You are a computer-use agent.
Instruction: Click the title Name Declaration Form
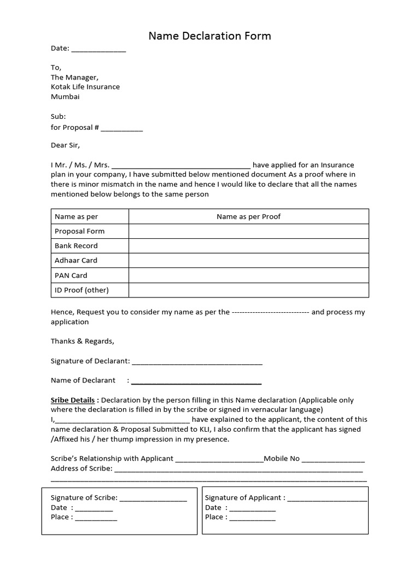pos(210,36)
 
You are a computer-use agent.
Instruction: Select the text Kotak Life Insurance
pos(85,87)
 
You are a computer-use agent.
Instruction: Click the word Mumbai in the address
pos(65,96)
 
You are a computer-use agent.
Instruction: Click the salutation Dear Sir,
pos(65,145)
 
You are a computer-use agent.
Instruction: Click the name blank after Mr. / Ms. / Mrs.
pos(181,165)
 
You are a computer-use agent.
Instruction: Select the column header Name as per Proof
pos(248,216)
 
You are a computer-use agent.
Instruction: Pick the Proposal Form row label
pos(79,231)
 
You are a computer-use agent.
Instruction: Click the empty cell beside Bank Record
pos(248,246)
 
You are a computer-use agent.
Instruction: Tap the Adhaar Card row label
pos(76,260)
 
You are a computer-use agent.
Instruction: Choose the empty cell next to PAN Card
pos(248,275)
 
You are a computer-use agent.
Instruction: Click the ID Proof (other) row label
pos(81,290)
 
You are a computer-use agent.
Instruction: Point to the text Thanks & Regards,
pos(83,341)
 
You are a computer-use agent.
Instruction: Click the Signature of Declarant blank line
pos(197,362)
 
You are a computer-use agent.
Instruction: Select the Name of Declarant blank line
pos(196,381)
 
